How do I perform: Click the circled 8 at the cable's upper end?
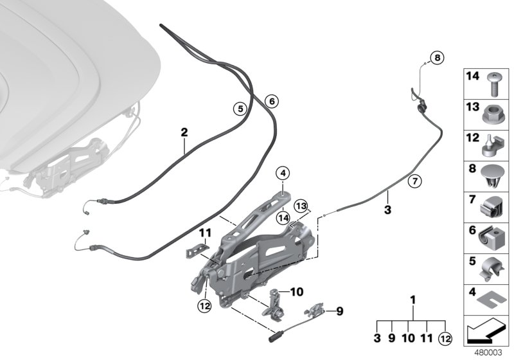(436, 59)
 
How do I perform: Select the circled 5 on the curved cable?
(239, 109)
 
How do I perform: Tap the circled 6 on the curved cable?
(270, 101)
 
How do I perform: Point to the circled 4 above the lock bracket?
(283, 172)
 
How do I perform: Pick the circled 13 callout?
(301, 206)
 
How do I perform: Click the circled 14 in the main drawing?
(283, 218)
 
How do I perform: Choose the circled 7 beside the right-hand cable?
(414, 182)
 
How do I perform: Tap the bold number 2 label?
(184, 132)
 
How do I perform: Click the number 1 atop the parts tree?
(413, 300)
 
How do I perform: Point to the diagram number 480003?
(486, 352)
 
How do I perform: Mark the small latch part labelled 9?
(316, 311)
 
